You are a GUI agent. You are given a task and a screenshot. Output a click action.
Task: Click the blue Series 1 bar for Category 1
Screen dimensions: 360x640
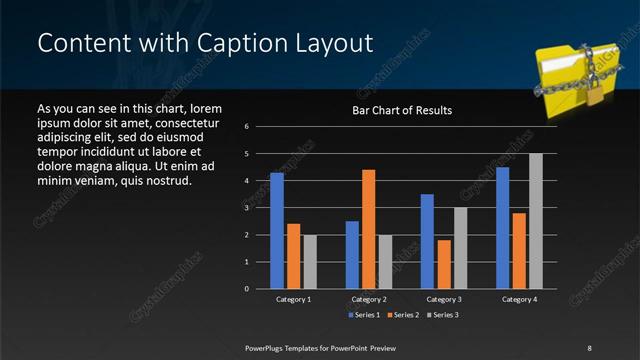click(277, 231)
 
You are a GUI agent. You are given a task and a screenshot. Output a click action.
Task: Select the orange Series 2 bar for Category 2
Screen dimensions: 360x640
click(368, 229)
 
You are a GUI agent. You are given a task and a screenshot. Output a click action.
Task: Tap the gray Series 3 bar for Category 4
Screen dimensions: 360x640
click(535, 221)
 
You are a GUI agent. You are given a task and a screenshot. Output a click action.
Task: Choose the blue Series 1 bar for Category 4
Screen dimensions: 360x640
click(502, 228)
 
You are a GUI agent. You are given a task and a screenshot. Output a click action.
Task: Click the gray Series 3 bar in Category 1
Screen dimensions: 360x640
click(310, 262)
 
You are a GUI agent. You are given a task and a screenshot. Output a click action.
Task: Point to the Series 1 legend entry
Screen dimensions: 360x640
click(363, 315)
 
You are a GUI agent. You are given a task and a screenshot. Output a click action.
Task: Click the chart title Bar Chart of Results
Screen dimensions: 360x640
click(402, 110)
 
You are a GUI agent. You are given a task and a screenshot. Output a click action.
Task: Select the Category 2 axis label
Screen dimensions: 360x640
click(368, 299)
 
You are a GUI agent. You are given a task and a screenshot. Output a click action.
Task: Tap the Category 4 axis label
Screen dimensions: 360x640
click(518, 299)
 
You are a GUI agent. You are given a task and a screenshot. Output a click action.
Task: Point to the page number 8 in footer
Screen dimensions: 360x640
click(589, 346)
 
